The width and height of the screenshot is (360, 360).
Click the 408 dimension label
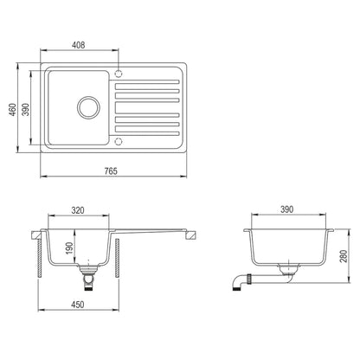[79, 45]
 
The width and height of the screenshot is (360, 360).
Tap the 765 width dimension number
[111, 171]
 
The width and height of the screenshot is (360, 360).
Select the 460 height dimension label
[12, 109]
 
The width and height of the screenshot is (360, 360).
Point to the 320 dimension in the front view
[78, 210]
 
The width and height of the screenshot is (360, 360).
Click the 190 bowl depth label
[69, 248]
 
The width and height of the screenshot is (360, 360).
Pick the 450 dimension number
[78, 305]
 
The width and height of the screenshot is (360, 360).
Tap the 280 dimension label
[344, 256]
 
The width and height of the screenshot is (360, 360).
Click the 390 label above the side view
[286, 209]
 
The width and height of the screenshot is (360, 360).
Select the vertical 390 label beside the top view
[26, 109]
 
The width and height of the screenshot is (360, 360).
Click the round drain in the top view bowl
[88, 107]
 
